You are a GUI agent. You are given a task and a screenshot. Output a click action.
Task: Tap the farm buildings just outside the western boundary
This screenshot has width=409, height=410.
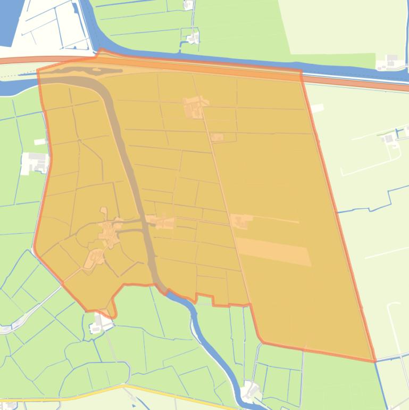tap(36, 162)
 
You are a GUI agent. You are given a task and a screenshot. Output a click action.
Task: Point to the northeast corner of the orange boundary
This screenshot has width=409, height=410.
tap(301, 71)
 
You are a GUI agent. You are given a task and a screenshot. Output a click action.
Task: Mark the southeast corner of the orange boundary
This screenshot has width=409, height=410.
tap(374, 361)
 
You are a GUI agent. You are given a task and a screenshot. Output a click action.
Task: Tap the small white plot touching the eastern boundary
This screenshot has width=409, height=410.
tap(316, 108)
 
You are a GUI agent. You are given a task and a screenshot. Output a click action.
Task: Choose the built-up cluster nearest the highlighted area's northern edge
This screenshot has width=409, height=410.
tap(194, 106)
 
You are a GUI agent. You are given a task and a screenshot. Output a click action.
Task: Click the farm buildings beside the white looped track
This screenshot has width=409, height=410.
tap(390, 138)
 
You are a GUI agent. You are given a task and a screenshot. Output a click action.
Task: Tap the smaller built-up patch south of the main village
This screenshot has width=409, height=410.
tap(94, 258)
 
